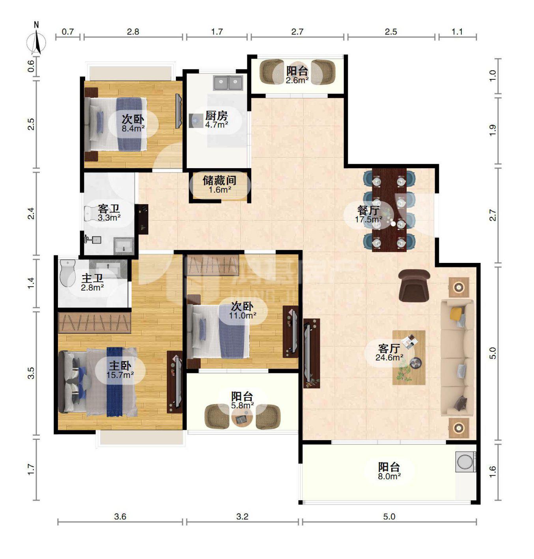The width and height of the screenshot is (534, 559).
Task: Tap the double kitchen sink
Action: click(x=228, y=83)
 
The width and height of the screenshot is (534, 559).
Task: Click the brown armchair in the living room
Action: click(x=414, y=286)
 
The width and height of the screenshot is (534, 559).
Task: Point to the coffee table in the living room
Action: click(x=409, y=358)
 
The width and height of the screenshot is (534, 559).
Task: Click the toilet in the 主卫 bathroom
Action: click(x=67, y=273)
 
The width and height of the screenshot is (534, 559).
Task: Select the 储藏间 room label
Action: click(x=219, y=180)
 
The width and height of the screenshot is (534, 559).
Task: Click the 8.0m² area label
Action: click(x=389, y=476)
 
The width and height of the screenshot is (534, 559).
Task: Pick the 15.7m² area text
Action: click(x=120, y=375)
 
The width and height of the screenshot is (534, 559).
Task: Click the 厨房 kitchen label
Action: click(x=216, y=116)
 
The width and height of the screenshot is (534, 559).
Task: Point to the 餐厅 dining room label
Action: click(x=368, y=210)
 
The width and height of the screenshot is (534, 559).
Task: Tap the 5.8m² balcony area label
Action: click(x=243, y=405)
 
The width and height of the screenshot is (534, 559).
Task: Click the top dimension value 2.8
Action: click(x=133, y=32)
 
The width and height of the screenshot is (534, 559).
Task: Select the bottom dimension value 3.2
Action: click(x=242, y=517)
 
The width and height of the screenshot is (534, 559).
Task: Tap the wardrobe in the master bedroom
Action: click(x=94, y=323)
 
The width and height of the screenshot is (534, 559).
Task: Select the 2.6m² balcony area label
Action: click(x=297, y=80)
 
